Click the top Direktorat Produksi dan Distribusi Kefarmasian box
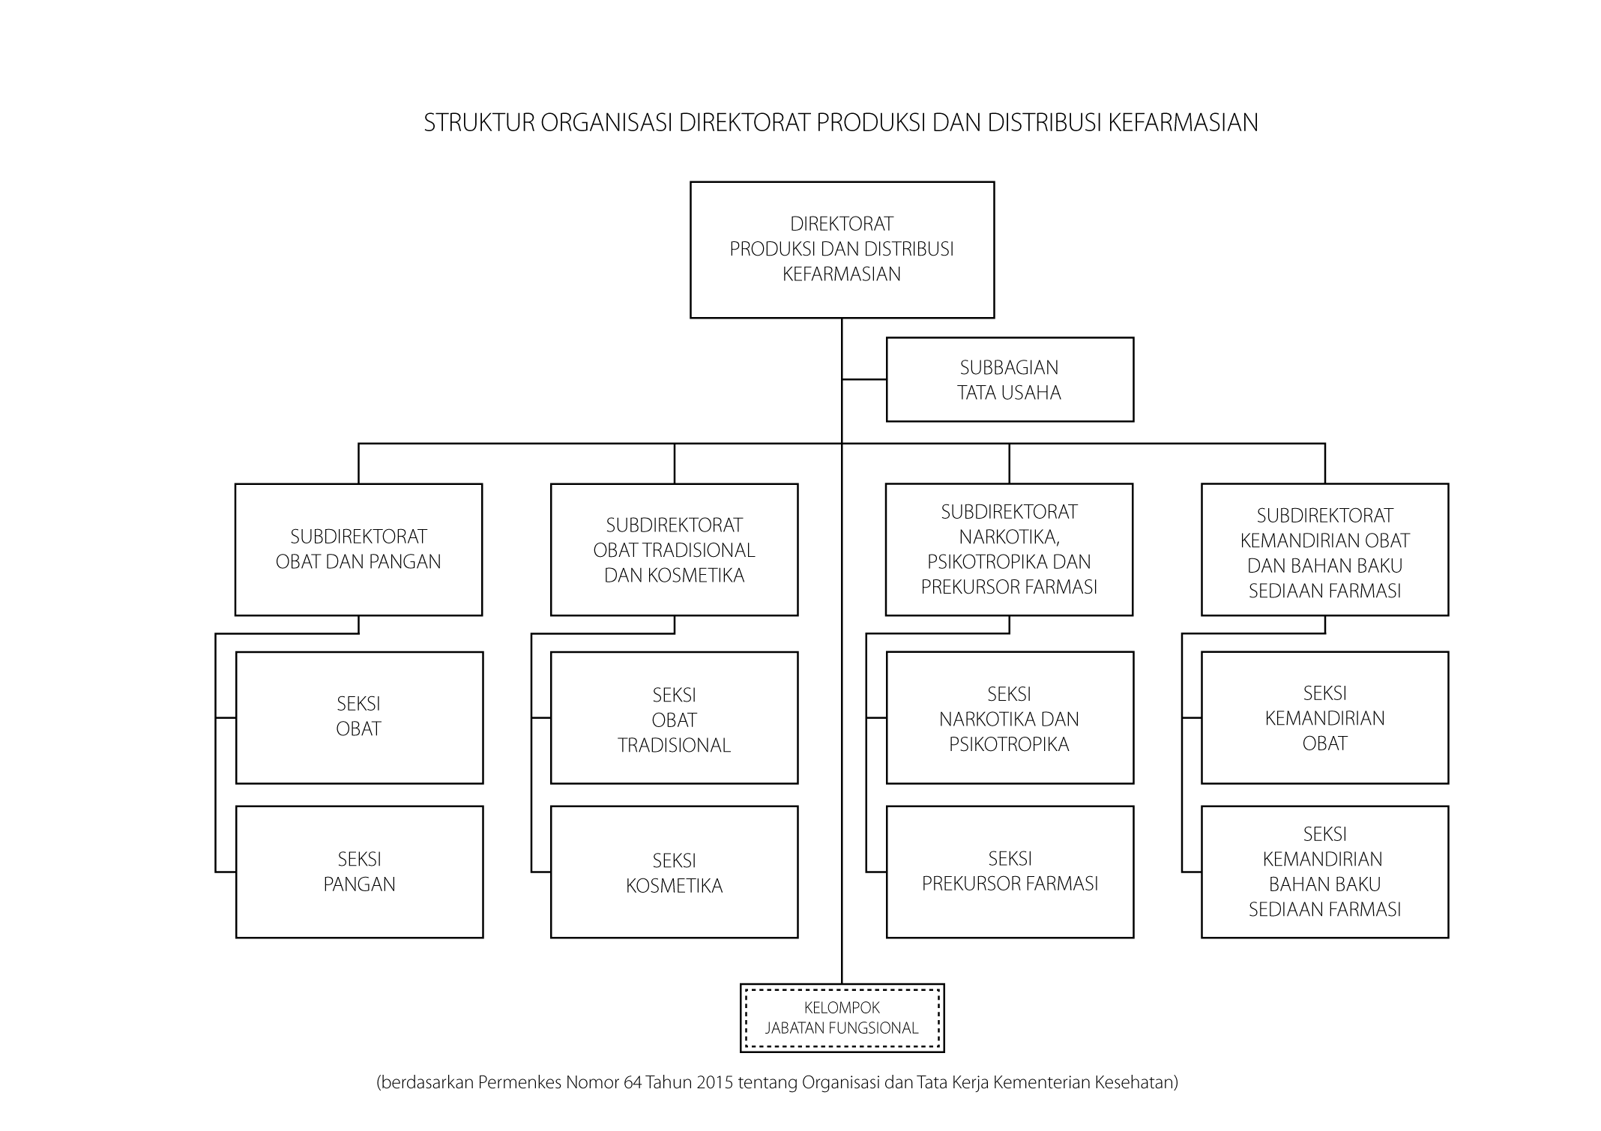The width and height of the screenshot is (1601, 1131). click(x=842, y=250)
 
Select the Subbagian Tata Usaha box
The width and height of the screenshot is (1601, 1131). click(x=1010, y=379)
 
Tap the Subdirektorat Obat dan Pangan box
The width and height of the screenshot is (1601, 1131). click(x=358, y=549)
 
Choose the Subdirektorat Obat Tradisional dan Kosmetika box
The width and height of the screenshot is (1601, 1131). click(x=674, y=549)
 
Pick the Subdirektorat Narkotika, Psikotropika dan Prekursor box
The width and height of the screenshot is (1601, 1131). click(x=1009, y=549)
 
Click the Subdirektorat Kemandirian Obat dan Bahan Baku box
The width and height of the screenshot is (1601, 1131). click(x=1324, y=549)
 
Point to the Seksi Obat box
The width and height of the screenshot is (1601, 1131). click(x=359, y=717)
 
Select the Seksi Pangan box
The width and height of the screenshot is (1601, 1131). click(x=359, y=872)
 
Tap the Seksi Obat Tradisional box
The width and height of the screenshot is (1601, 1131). click(x=674, y=717)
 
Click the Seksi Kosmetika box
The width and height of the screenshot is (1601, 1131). click(x=674, y=872)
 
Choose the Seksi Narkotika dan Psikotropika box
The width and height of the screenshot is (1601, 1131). click(x=1010, y=717)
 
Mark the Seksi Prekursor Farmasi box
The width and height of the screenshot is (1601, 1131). click(x=1010, y=872)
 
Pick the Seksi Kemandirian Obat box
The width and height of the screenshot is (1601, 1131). click(x=1324, y=717)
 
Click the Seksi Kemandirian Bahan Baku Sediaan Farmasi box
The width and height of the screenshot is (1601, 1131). click(x=1324, y=872)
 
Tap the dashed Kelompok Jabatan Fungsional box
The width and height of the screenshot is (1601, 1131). click(x=842, y=1018)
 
